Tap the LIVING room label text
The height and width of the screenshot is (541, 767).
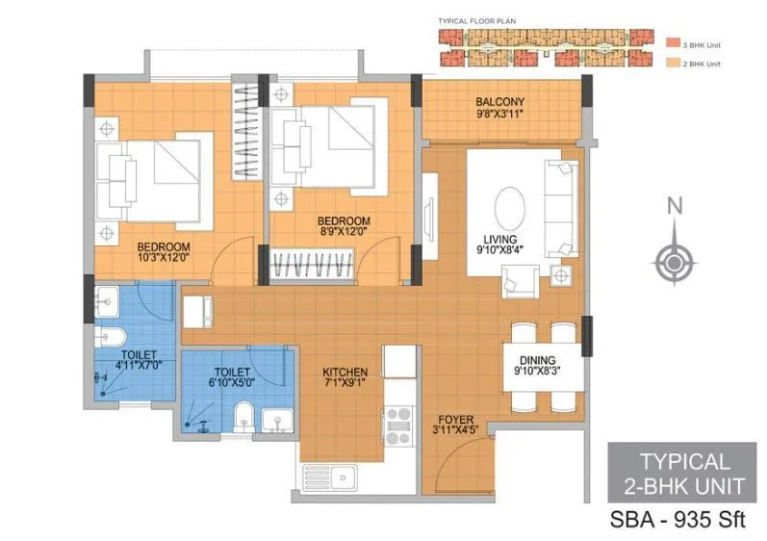pos(500,240)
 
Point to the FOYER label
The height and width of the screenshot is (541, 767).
pos(455,419)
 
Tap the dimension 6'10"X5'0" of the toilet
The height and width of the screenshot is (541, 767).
pos(232,382)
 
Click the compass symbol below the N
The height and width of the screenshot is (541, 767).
pos(675,260)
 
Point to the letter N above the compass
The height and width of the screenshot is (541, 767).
pos(675,205)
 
